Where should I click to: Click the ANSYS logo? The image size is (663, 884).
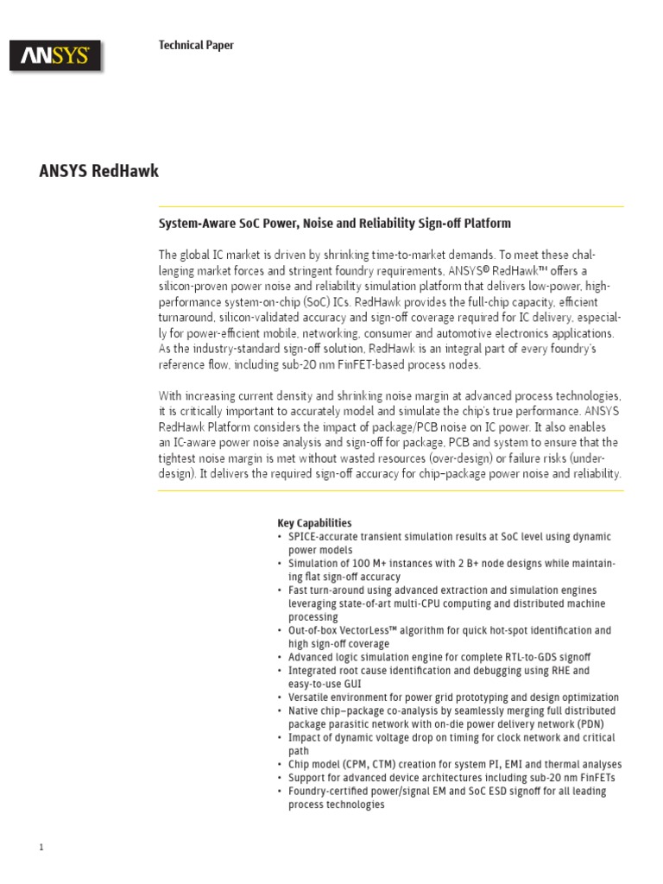click(55, 57)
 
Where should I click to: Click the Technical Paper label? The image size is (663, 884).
click(196, 45)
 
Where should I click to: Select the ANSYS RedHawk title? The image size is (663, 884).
click(99, 171)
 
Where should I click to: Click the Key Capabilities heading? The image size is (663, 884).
click(314, 523)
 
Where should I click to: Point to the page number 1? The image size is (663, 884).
click(41, 847)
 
